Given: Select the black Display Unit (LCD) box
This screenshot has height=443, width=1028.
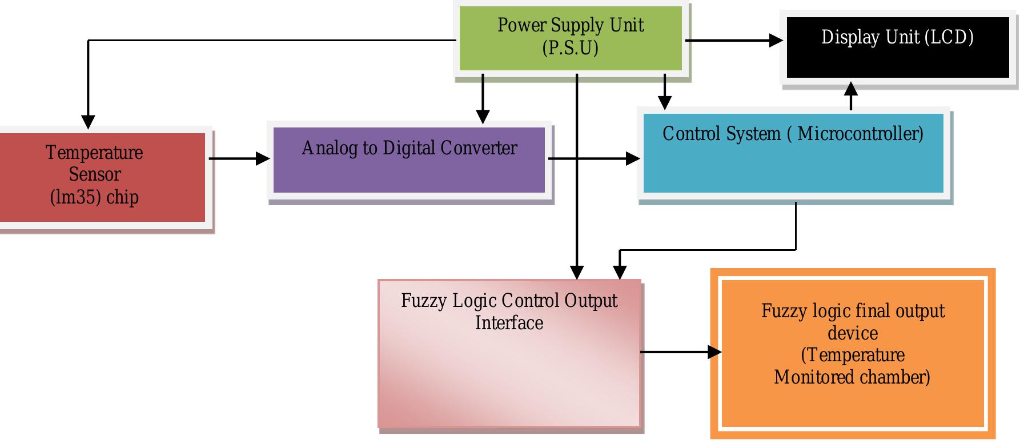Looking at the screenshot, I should [898, 57].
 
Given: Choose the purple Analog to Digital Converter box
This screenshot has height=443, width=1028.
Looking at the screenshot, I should [409, 171].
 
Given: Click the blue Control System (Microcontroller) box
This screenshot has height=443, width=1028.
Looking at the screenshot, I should [793, 166].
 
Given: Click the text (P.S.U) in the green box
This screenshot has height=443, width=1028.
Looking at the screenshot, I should [570, 48].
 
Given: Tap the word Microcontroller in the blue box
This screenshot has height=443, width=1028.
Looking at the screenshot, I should [860, 134].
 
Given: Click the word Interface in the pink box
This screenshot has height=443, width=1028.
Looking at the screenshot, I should [509, 323].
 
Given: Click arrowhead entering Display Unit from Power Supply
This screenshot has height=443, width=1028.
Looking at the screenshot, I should [776, 41].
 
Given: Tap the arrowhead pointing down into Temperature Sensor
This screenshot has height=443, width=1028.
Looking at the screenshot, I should [88, 121].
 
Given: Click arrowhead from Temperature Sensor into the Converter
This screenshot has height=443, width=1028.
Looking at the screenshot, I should [263, 158].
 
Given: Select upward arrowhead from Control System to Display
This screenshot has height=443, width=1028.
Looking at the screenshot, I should [851, 89].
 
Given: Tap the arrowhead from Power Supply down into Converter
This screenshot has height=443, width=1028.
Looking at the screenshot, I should [483, 116].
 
